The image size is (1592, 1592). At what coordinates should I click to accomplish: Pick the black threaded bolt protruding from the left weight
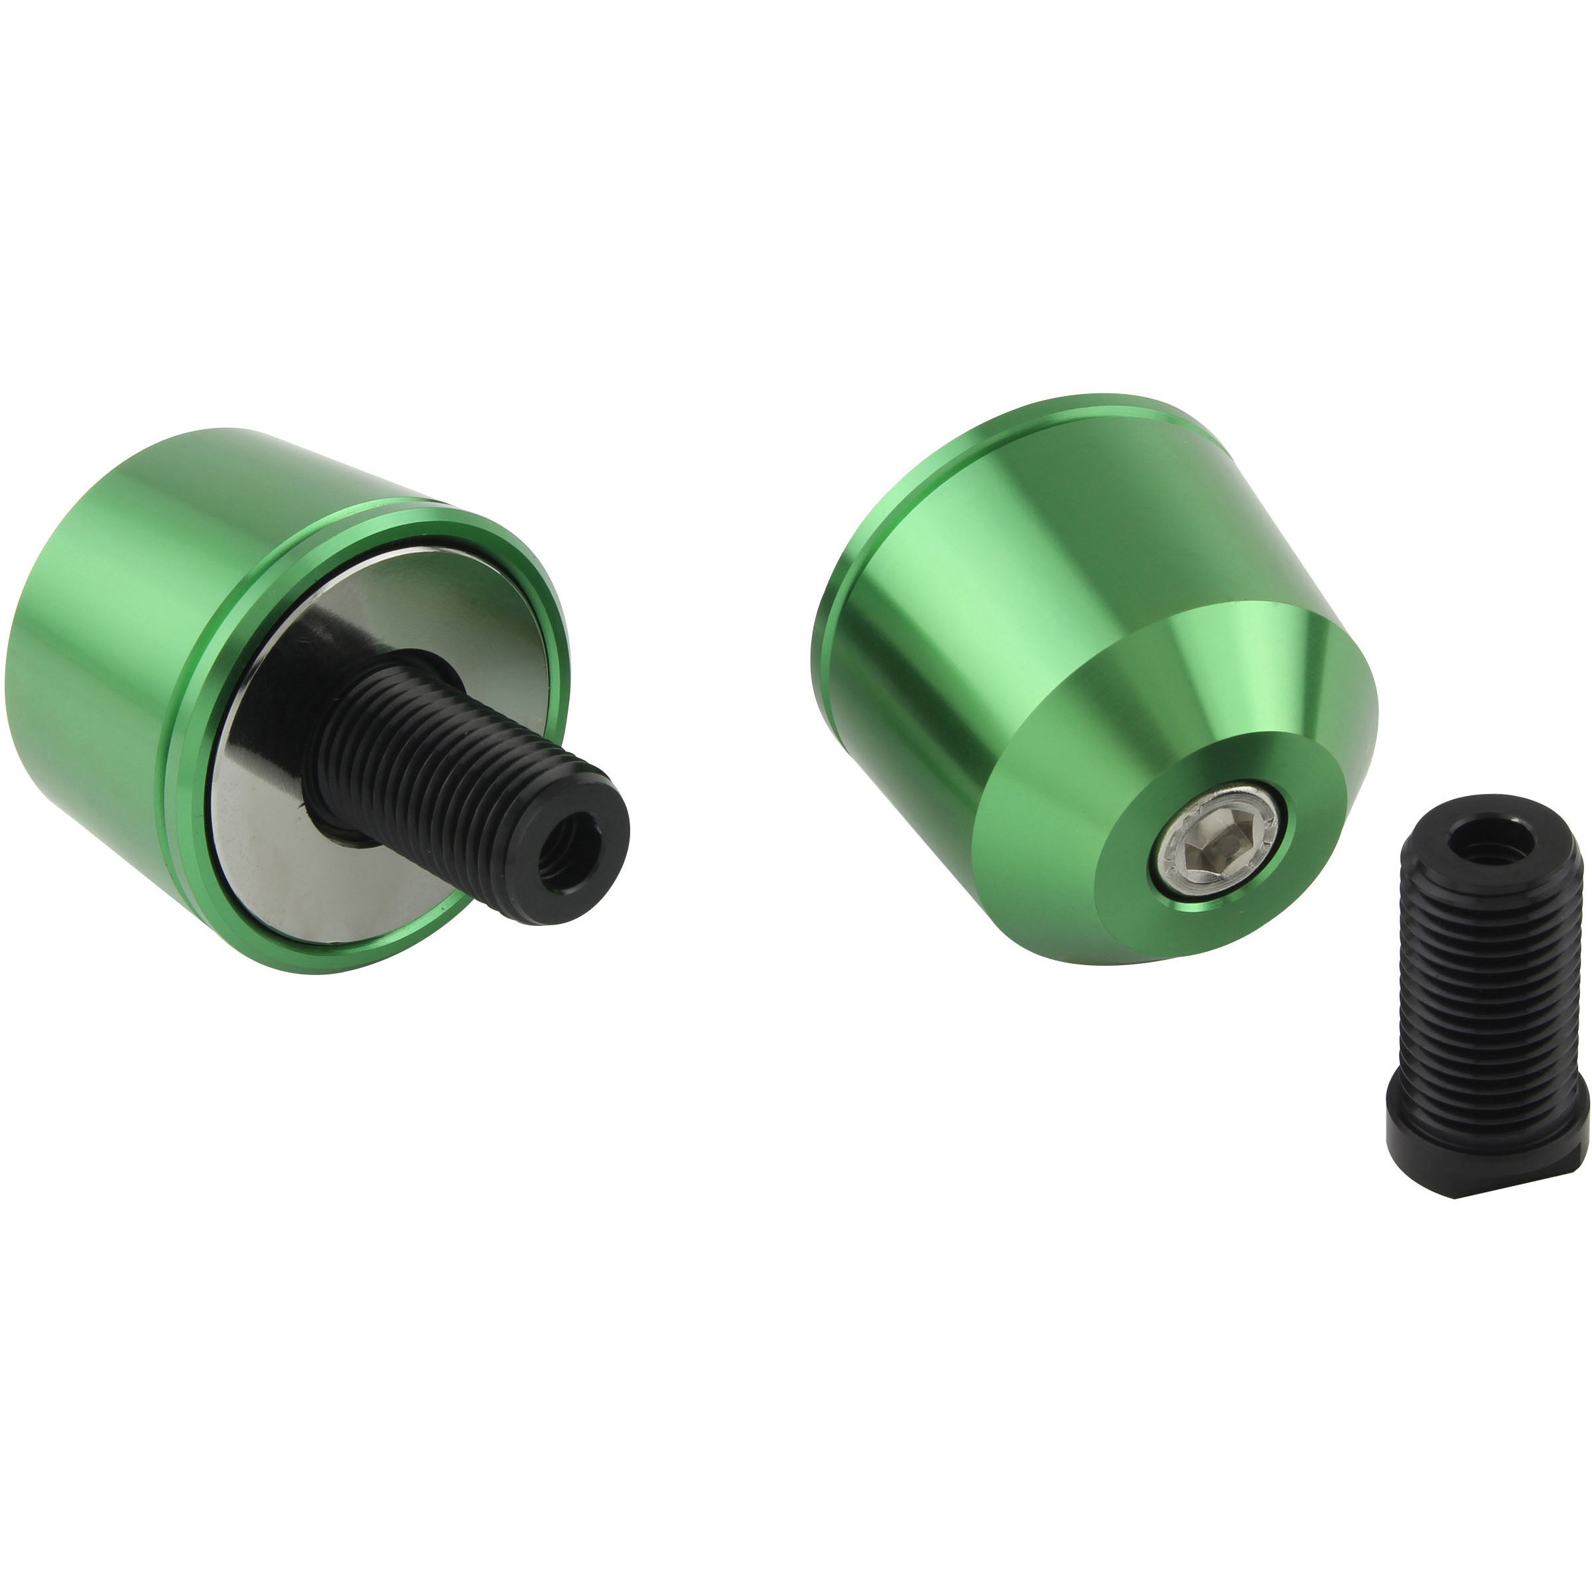pyautogui.click(x=462, y=775)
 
